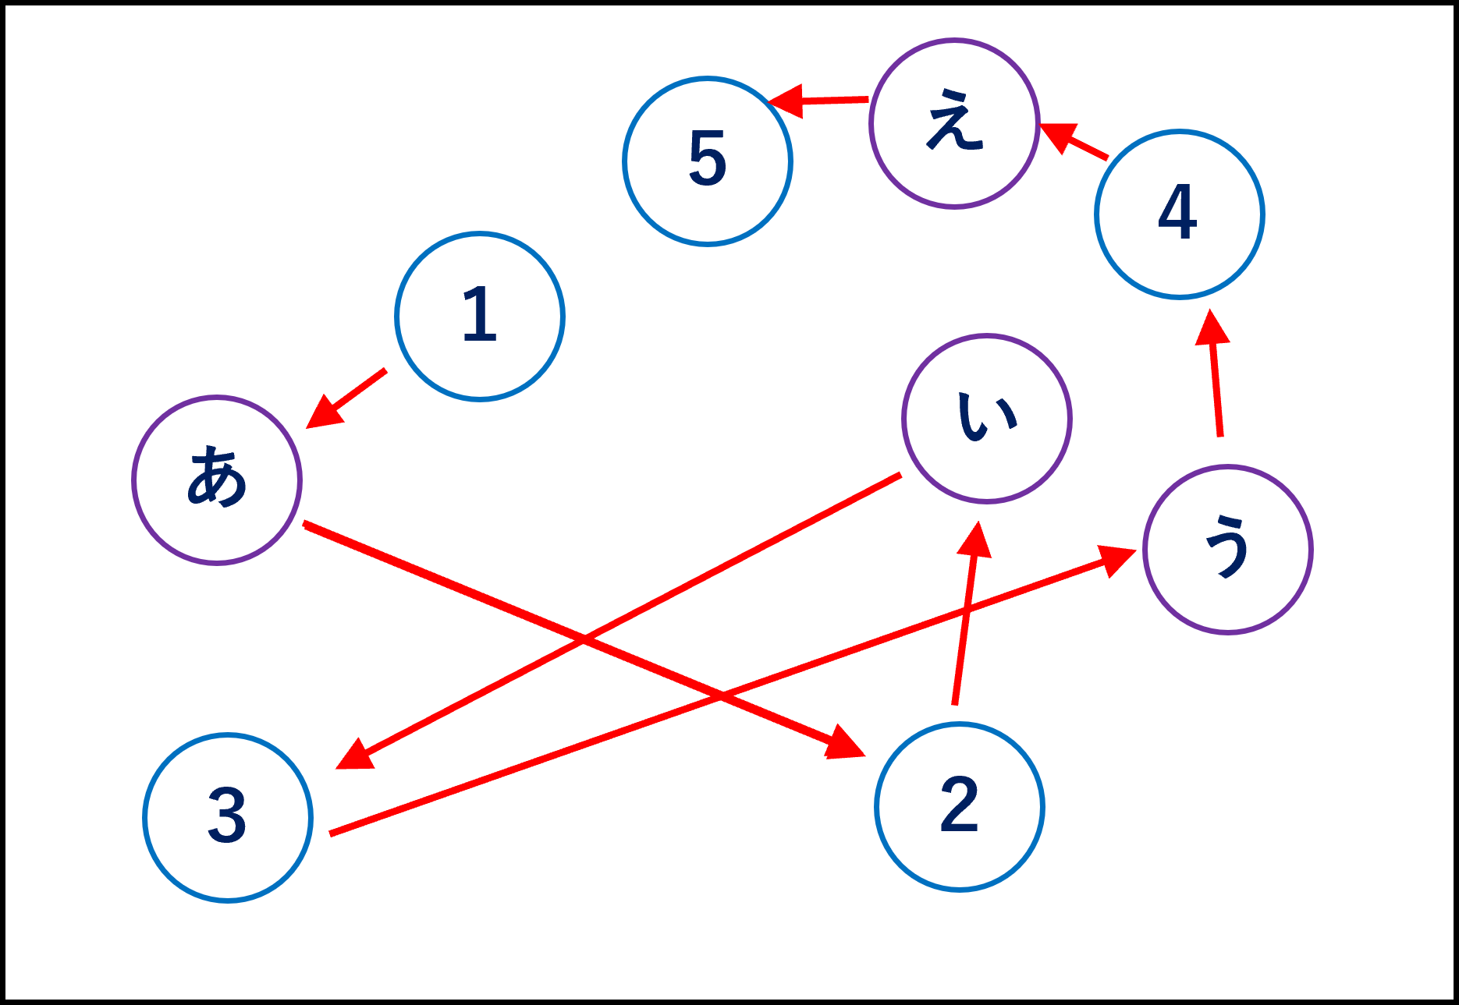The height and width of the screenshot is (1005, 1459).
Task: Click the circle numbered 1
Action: tap(480, 317)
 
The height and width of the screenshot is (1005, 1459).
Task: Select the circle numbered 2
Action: tap(960, 806)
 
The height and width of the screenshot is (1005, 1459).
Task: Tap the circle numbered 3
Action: tap(228, 817)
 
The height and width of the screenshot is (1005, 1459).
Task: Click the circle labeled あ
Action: tap(217, 479)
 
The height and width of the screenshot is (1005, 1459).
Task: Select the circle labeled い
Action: tap(987, 419)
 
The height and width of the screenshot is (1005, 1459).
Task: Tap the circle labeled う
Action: tap(1228, 550)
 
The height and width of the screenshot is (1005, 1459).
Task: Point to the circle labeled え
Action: tap(954, 123)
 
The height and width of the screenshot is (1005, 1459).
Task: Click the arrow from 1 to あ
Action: tap(347, 398)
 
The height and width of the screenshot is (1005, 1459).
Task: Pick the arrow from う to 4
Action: tap(1215, 374)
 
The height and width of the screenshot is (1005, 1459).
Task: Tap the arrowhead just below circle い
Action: tap(975, 540)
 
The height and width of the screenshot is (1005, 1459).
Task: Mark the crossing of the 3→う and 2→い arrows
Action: tap(962, 616)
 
